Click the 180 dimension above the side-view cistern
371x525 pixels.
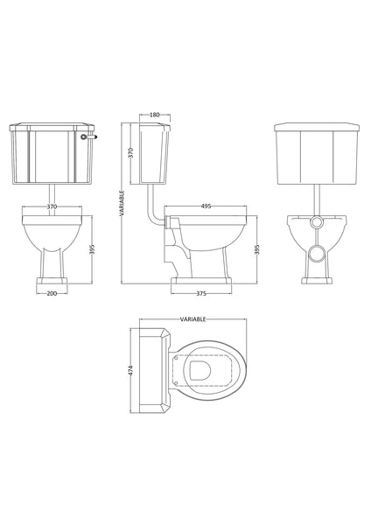pos(155,114)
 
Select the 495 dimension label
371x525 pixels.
pos(206,206)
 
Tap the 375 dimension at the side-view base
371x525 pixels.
pos(201,293)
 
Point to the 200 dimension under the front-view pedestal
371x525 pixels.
pos(52,293)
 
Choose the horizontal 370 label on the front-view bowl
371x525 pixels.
pos(52,206)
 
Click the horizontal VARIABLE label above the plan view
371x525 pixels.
pos(192,320)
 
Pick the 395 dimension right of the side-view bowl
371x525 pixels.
pos(256,248)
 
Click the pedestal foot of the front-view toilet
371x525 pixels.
pos(52,280)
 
